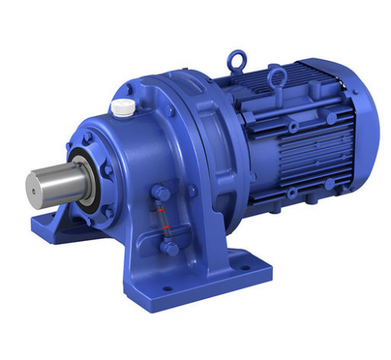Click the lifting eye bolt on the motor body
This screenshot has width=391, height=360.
pos(277,77)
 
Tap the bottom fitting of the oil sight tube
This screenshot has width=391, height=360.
pos(168,247)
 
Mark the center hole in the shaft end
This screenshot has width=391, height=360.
pos(34,185)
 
